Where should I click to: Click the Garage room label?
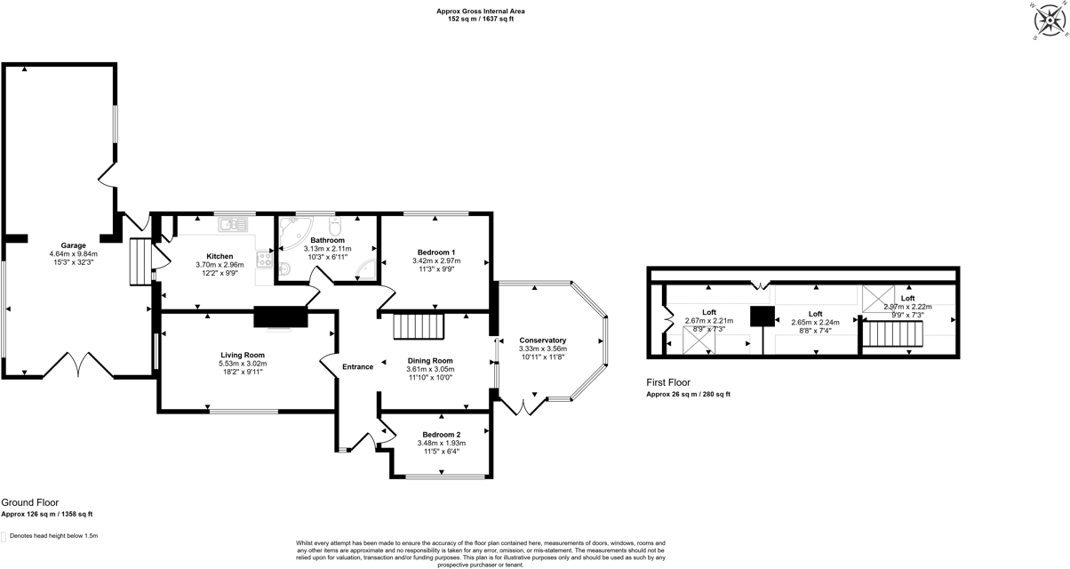point(73,244)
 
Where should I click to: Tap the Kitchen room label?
point(220,256)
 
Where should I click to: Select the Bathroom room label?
point(327,240)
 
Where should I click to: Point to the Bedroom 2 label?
point(441,434)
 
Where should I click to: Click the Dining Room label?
point(430,360)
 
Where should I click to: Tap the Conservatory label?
point(542,341)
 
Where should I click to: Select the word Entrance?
point(358,366)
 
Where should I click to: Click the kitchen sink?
point(234,224)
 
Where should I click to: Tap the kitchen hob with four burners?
point(264,259)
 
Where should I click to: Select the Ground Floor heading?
point(30,502)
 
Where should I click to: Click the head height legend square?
point(4,536)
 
